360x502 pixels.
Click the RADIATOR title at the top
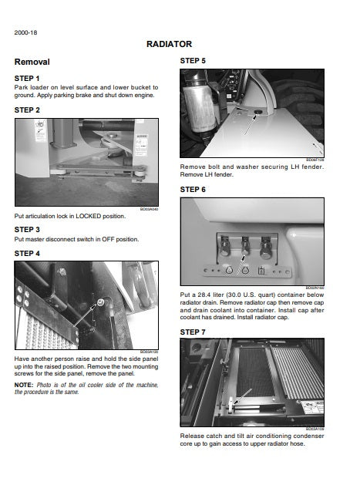(x=169, y=45)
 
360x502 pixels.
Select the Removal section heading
(x=32, y=62)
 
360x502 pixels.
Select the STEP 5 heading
(x=193, y=60)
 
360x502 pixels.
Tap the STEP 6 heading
(x=193, y=190)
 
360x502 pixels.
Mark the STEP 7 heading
(x=193, y=332)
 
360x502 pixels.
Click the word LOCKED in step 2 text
(x=86, y=216)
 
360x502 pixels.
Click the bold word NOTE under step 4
(x=23, y=385)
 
